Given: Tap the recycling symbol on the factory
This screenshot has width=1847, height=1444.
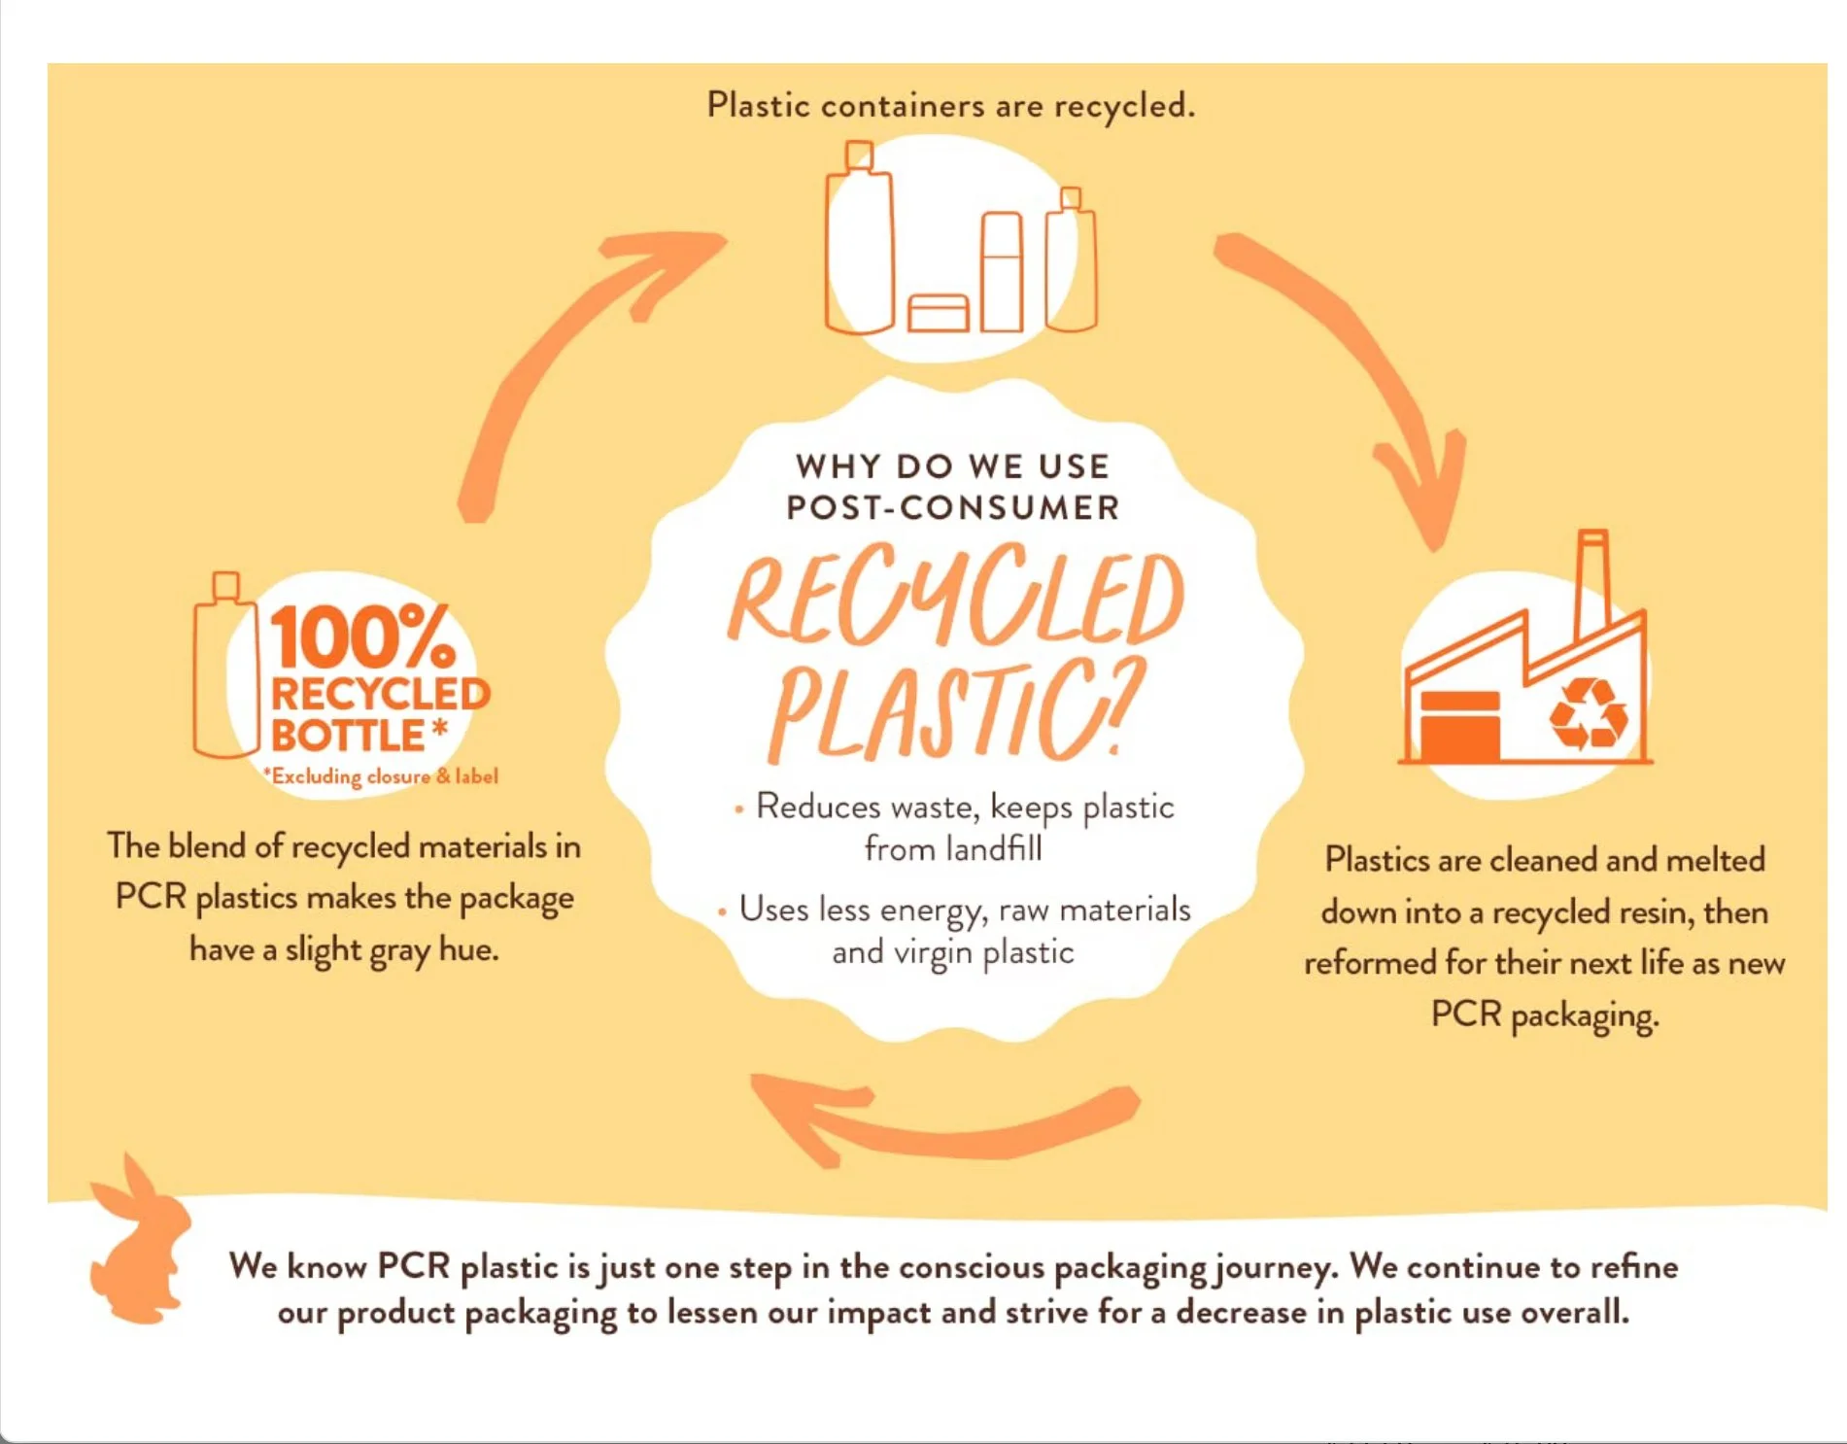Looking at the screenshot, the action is tap(1587, 715).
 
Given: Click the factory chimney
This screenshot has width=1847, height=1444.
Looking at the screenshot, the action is tap(1591, 583).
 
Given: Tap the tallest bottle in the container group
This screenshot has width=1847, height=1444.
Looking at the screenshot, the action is tap(859, 243).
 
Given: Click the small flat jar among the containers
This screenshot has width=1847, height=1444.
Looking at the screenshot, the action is tap(938, 313).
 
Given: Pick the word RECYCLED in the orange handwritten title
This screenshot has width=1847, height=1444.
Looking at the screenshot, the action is tap(957, 598).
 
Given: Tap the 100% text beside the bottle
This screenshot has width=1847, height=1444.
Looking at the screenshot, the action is tap(361, 636).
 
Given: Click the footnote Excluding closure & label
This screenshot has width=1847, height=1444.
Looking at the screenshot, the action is tap(382, 776).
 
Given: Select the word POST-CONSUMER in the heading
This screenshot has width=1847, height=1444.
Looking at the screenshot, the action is tap(952, 507).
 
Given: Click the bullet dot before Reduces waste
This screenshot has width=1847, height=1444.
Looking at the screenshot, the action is tap(739, 808).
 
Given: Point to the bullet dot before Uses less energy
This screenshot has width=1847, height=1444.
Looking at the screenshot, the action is tap(722, 911).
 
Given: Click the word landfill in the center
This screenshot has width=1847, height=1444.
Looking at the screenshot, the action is tap(995, 849).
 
